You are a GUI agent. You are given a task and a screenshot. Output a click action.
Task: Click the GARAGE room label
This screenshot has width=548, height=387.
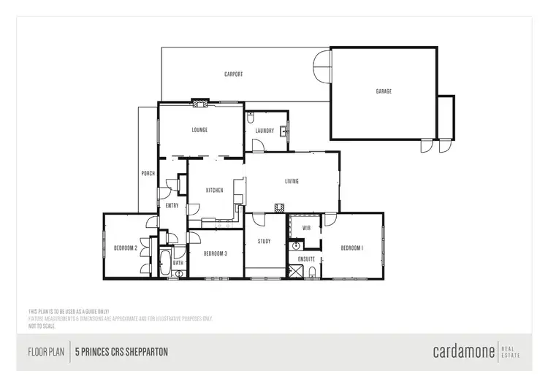(x=384, y=91)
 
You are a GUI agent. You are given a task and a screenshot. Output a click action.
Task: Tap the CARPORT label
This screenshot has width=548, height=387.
(x=233, y=74)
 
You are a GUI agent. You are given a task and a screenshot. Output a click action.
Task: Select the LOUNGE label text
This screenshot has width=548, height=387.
(x=199, y=130)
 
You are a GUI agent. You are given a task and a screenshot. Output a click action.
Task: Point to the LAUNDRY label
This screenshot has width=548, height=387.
(x=264, y=131)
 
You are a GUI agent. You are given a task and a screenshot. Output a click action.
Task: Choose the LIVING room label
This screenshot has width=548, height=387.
(x=292, y=181)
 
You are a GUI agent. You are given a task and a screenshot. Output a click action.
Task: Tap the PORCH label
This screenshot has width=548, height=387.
(x=147, y=173)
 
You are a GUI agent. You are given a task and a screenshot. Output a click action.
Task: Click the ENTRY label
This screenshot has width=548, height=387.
(x=172, y=205)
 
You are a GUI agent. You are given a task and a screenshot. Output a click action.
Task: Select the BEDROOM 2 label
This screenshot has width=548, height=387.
(x=126, y=248)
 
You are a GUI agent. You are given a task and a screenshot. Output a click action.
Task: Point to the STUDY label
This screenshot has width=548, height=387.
(x=264, y=241)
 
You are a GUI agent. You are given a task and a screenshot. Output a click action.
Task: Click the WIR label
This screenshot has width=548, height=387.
(x=307, y=228)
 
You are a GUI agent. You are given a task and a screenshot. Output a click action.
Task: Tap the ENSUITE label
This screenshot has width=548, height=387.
(x=306, y=258)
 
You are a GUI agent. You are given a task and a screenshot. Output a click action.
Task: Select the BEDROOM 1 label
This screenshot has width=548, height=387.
(x=351, y=248)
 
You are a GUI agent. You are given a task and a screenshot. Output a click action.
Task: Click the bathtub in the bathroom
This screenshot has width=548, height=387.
(x=166, y=261)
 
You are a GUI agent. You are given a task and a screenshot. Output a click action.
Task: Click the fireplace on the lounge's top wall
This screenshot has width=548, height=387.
(x=199, y=103)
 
